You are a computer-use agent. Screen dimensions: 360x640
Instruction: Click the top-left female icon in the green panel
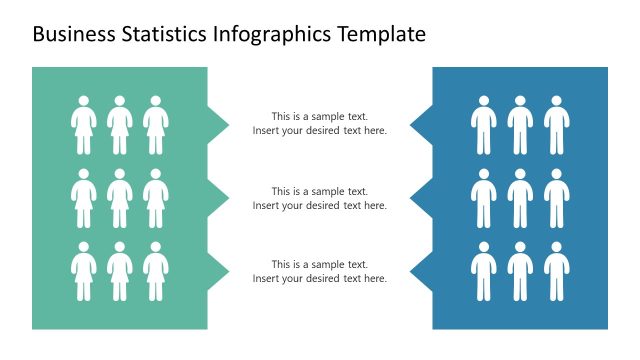tap(83, 125)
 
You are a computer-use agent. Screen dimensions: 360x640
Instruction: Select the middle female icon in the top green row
tap(119, 125)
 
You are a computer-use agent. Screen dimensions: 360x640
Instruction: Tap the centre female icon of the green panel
tap(119, 198)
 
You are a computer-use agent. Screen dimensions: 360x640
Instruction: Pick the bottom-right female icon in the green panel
tap(155, 271)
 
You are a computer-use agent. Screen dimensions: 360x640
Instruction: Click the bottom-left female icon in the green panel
tap(83, 271)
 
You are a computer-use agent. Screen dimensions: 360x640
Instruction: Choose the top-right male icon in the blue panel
tap(556, 125)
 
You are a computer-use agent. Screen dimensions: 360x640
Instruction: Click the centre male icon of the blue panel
tap(520, 198)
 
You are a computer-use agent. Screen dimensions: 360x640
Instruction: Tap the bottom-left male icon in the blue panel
tap(484, 271)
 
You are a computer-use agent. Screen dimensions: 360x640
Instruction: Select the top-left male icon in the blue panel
tap(484, 125)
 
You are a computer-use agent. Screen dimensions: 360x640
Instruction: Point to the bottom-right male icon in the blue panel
tap(556, 271)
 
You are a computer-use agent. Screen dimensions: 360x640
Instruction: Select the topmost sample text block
tap(319, 124)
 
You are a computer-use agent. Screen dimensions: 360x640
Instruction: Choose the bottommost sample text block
tap(319, 271)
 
